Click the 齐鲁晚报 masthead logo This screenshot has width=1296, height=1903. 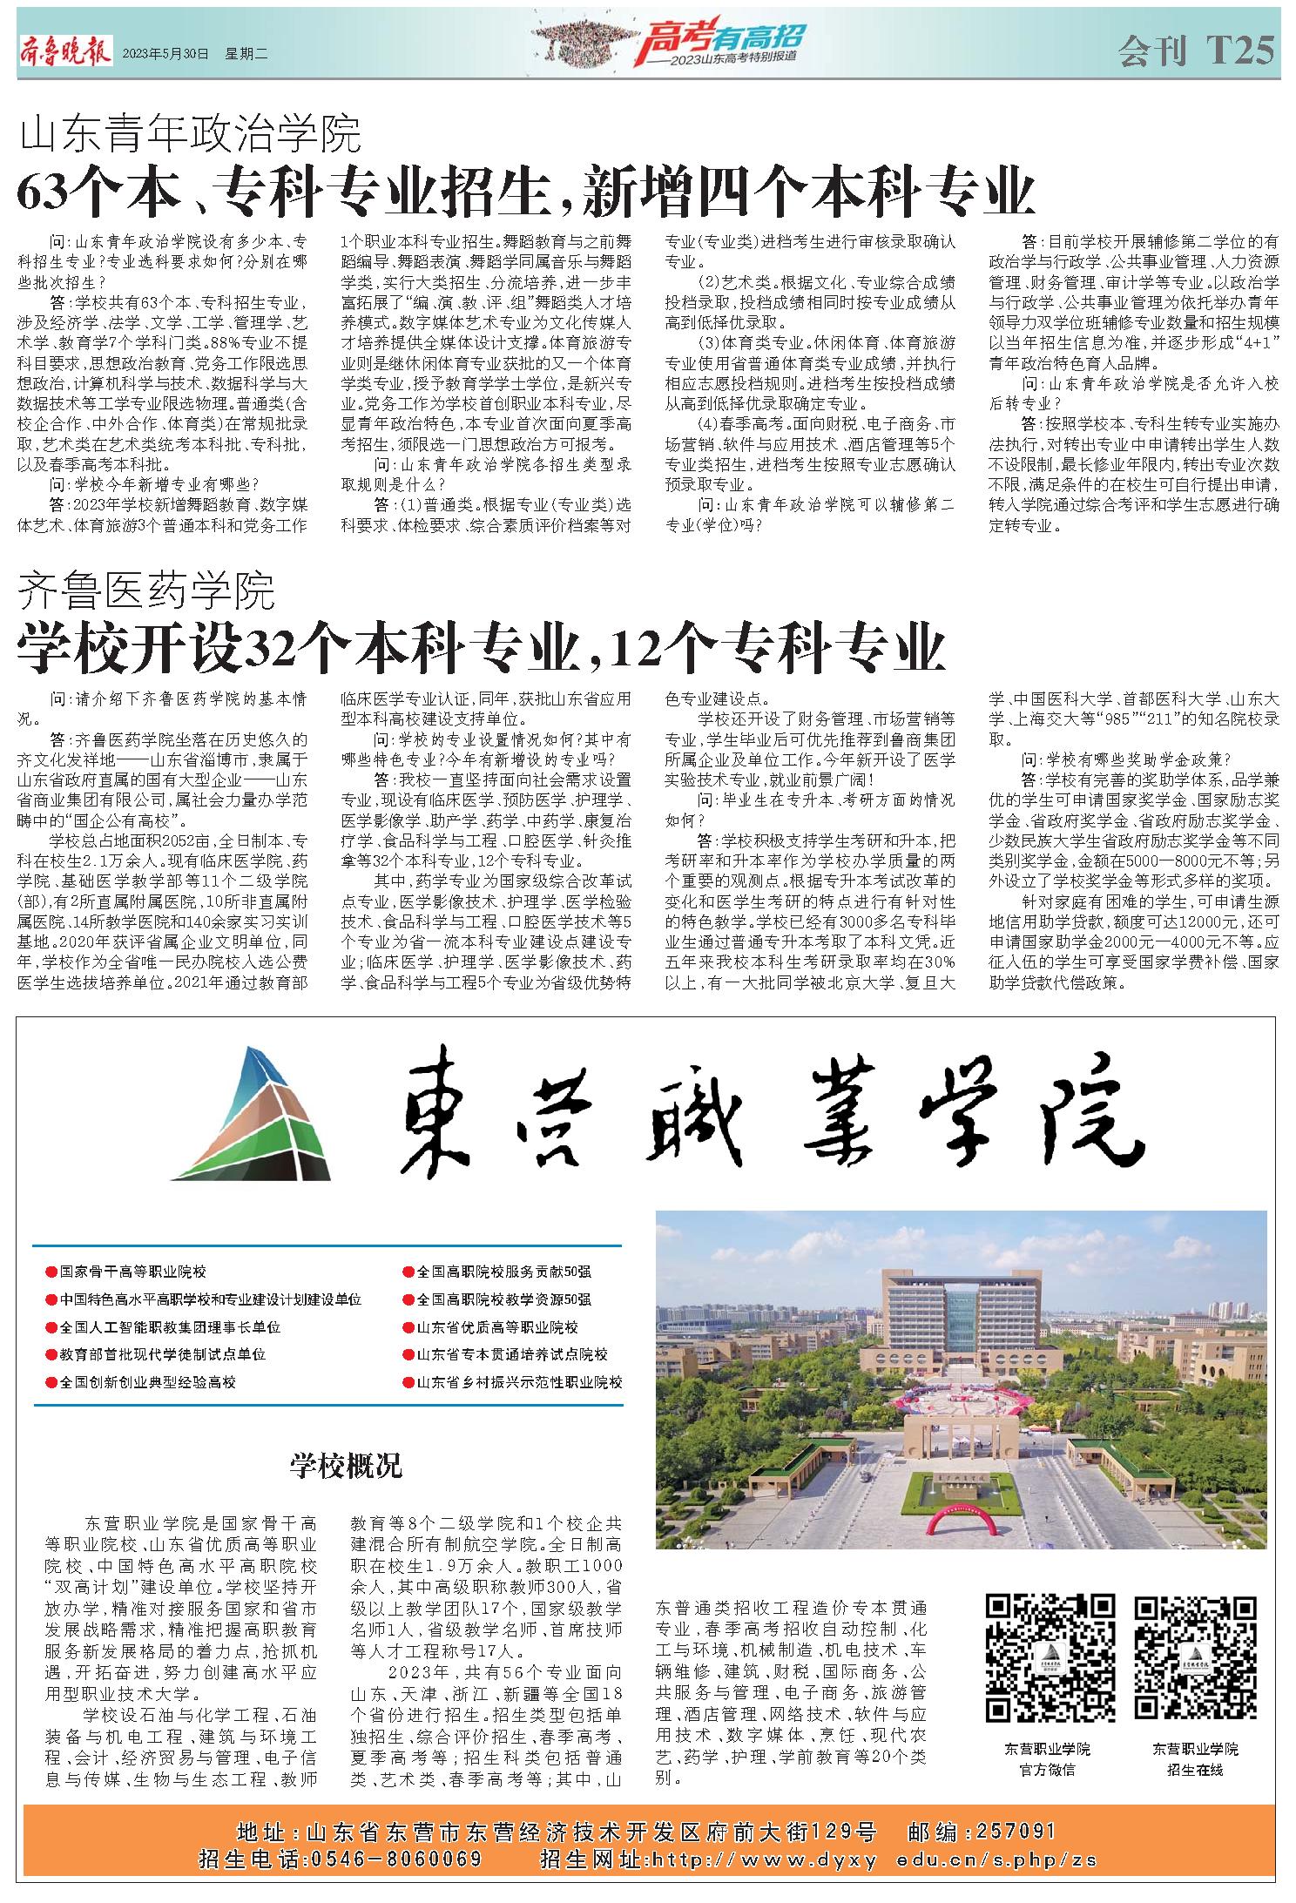click(65, 53)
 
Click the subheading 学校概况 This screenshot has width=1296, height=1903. click(347, 1466)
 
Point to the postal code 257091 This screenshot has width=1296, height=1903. click(1016, 1832)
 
